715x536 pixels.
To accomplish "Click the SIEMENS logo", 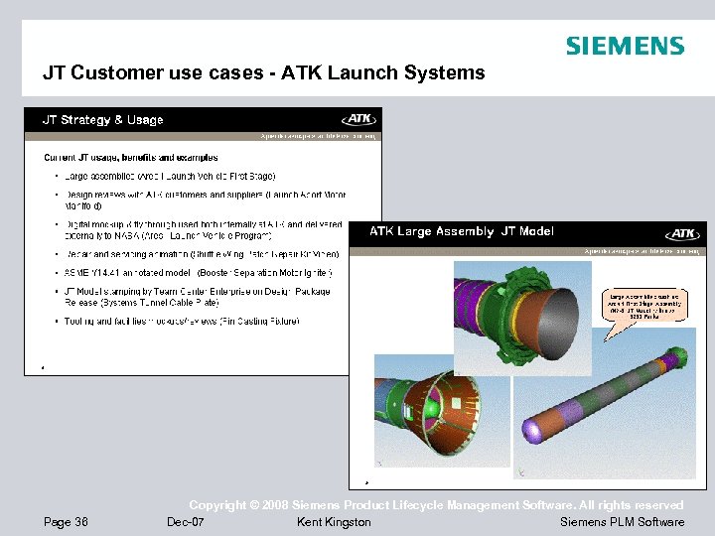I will (625, 46).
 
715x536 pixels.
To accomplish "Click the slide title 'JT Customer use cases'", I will (263, 72).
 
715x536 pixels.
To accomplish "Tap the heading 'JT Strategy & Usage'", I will (102, 120).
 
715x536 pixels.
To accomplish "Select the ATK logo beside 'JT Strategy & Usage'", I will (359, 119).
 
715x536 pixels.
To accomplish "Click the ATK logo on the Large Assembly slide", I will (684, 233).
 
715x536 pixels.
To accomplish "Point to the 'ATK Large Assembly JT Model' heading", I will (462, 231).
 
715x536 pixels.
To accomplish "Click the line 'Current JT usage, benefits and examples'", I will (131, 157).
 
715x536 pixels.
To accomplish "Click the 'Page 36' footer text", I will (67, 522).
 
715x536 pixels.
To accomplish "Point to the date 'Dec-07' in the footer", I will (186, 522).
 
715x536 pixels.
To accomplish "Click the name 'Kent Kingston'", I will (334, 522).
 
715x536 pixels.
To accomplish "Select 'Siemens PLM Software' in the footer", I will (622, 522).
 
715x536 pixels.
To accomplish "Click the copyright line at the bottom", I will (436, 505).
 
